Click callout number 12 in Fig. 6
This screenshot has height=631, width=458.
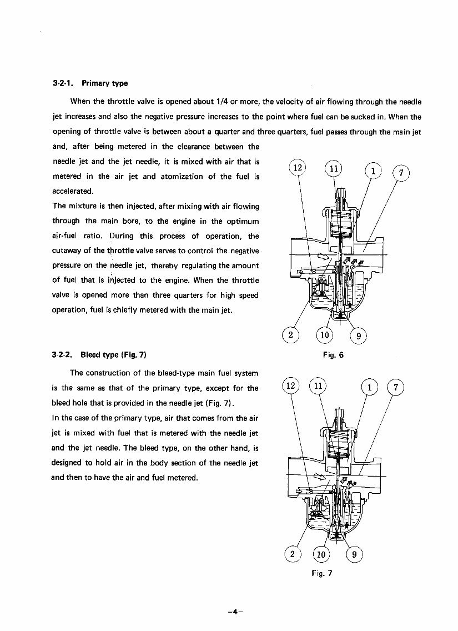pos(298,168)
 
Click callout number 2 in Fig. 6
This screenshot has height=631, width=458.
pos(290,334)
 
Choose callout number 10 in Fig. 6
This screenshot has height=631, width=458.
pos(325,334)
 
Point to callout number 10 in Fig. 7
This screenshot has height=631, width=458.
pos(321,554)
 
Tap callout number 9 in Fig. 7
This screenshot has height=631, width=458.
pos(355,554)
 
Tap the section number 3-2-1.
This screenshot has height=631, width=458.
pos(63,83)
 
